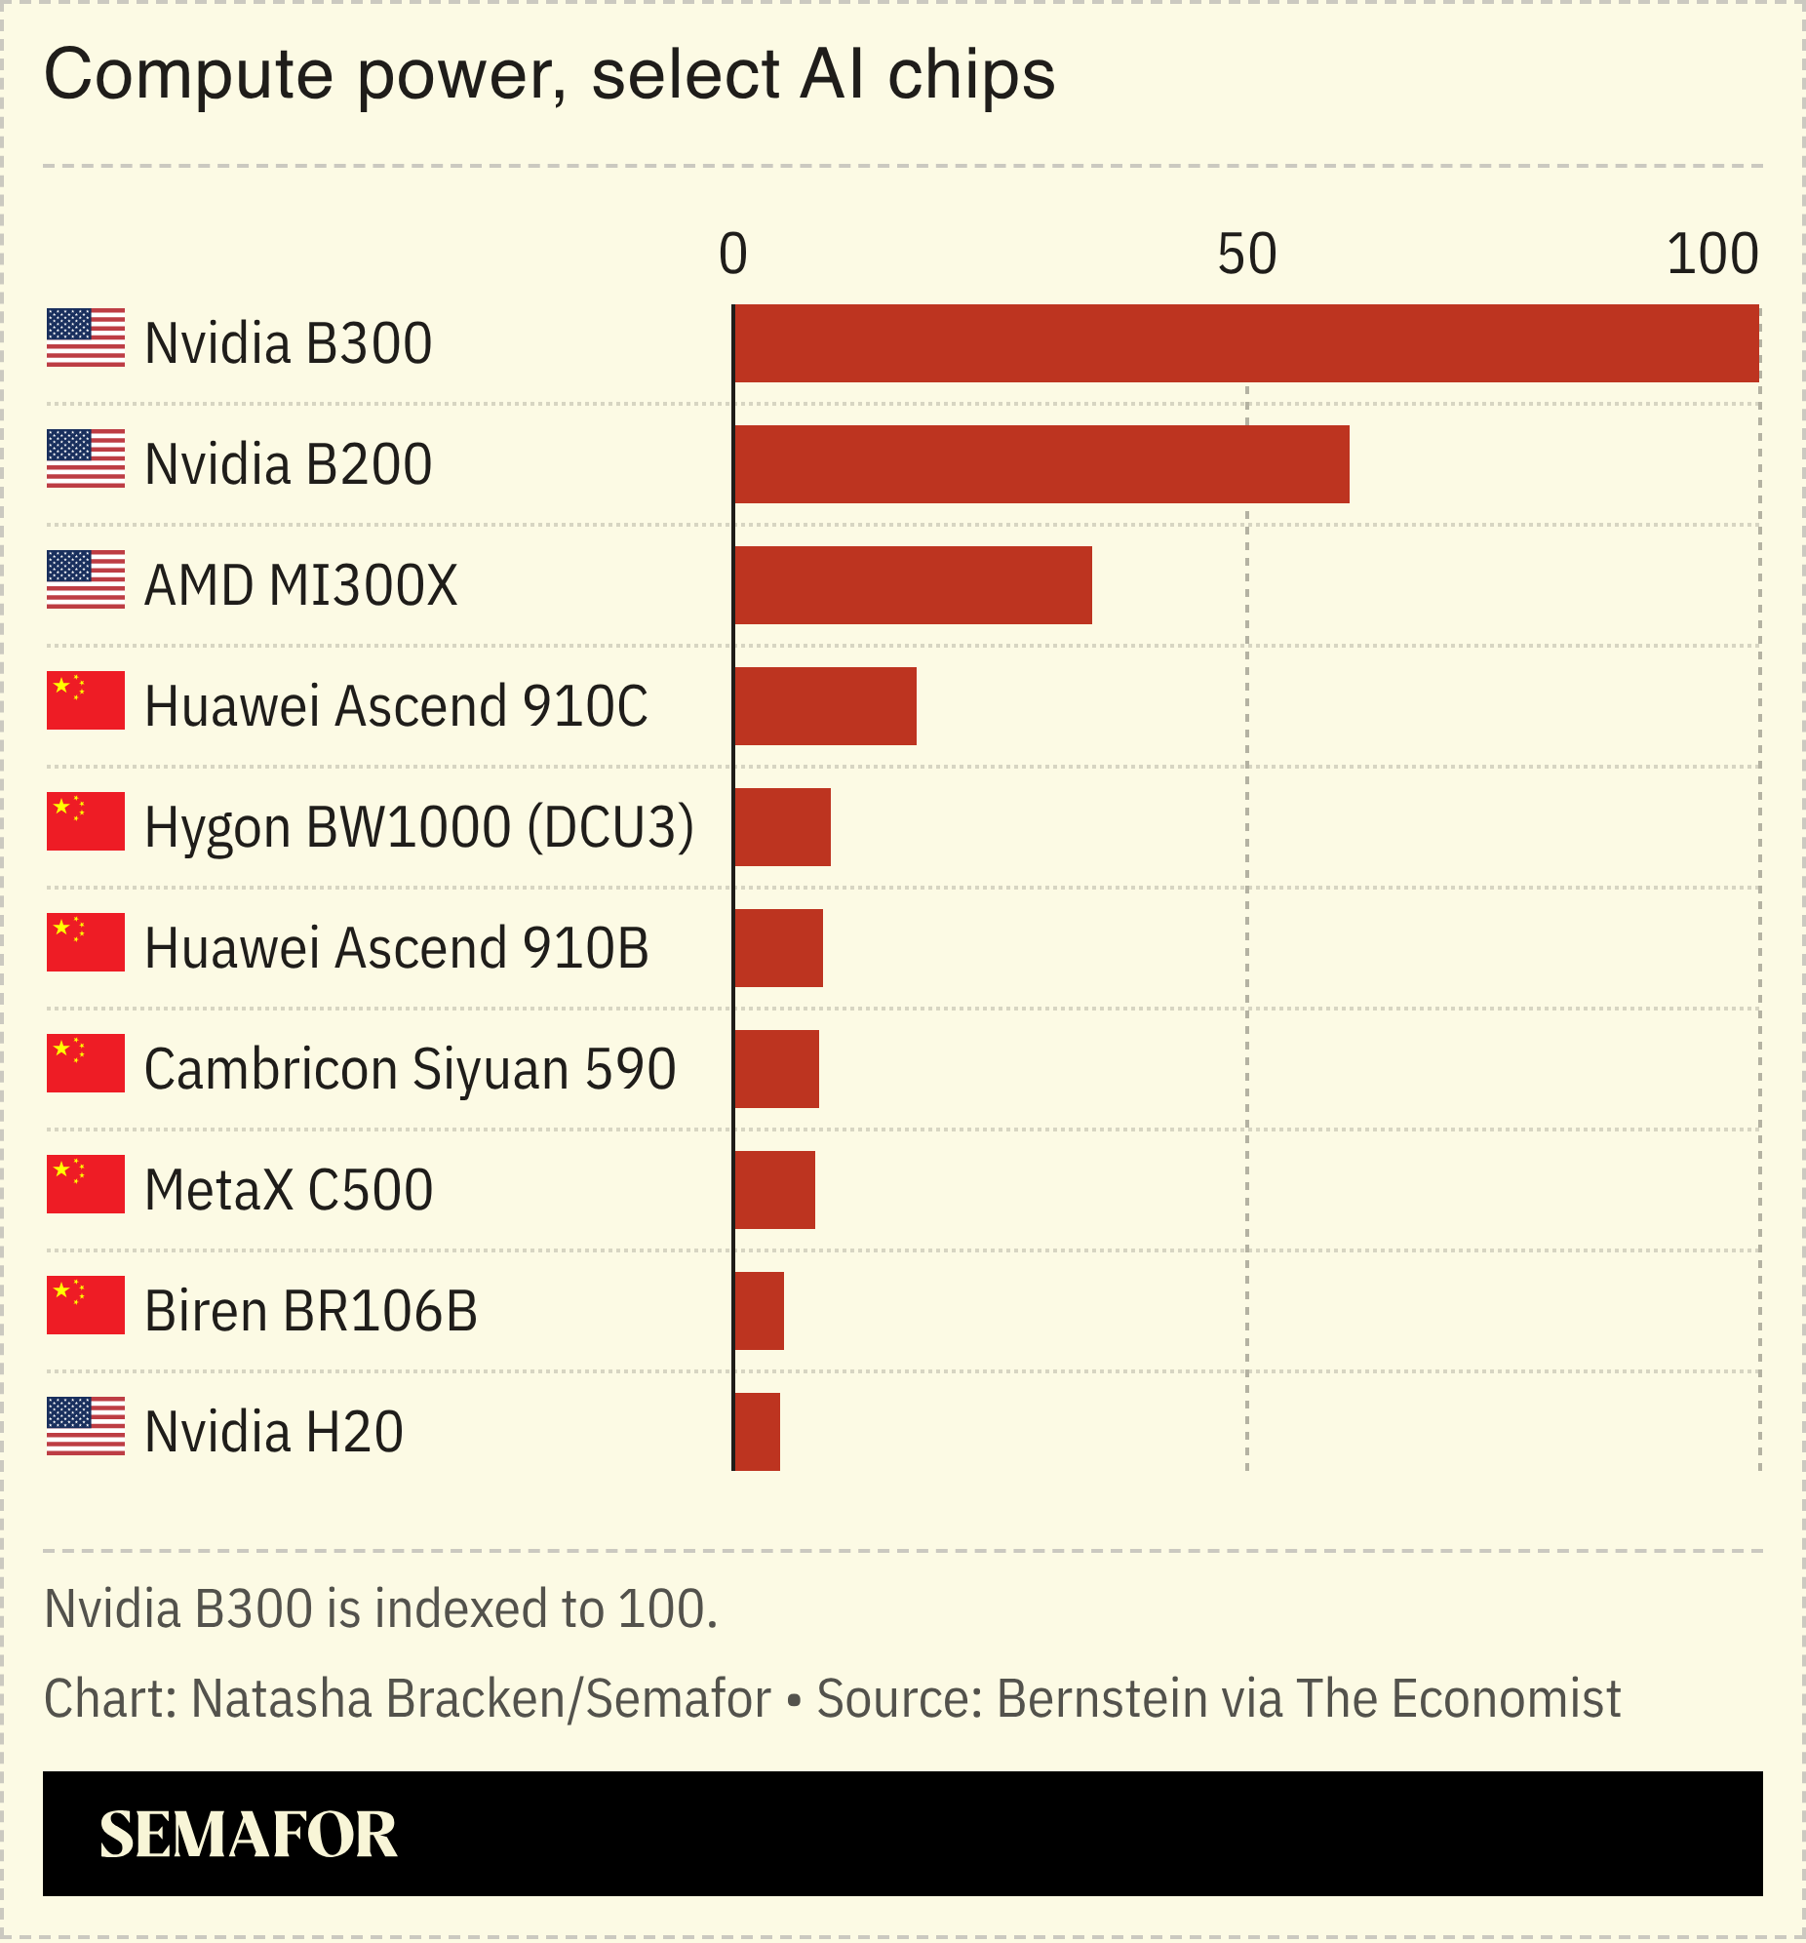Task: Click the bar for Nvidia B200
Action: (1040, 464)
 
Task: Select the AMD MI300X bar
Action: (913, 585)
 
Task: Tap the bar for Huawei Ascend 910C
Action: (825, 706)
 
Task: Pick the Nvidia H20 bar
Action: (757, 1432)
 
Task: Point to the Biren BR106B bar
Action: (759, 1311)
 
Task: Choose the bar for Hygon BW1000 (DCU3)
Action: (782, 827)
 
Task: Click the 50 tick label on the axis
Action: (1246, 255)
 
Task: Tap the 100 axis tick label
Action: (1712, 255)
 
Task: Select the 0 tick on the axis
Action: (733, 255)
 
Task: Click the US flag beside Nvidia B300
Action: (86, 338)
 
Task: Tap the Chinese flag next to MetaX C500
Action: (86, 1184)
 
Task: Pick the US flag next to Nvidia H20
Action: (86, 1426)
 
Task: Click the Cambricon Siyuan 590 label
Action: (410, 1069)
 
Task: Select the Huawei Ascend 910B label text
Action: (396, 948)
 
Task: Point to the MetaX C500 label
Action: (289, 1190)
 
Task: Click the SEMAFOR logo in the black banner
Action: (249, 1835)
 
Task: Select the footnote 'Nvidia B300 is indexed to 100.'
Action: (381, 1609)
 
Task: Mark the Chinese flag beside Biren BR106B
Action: (86, 1305)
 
